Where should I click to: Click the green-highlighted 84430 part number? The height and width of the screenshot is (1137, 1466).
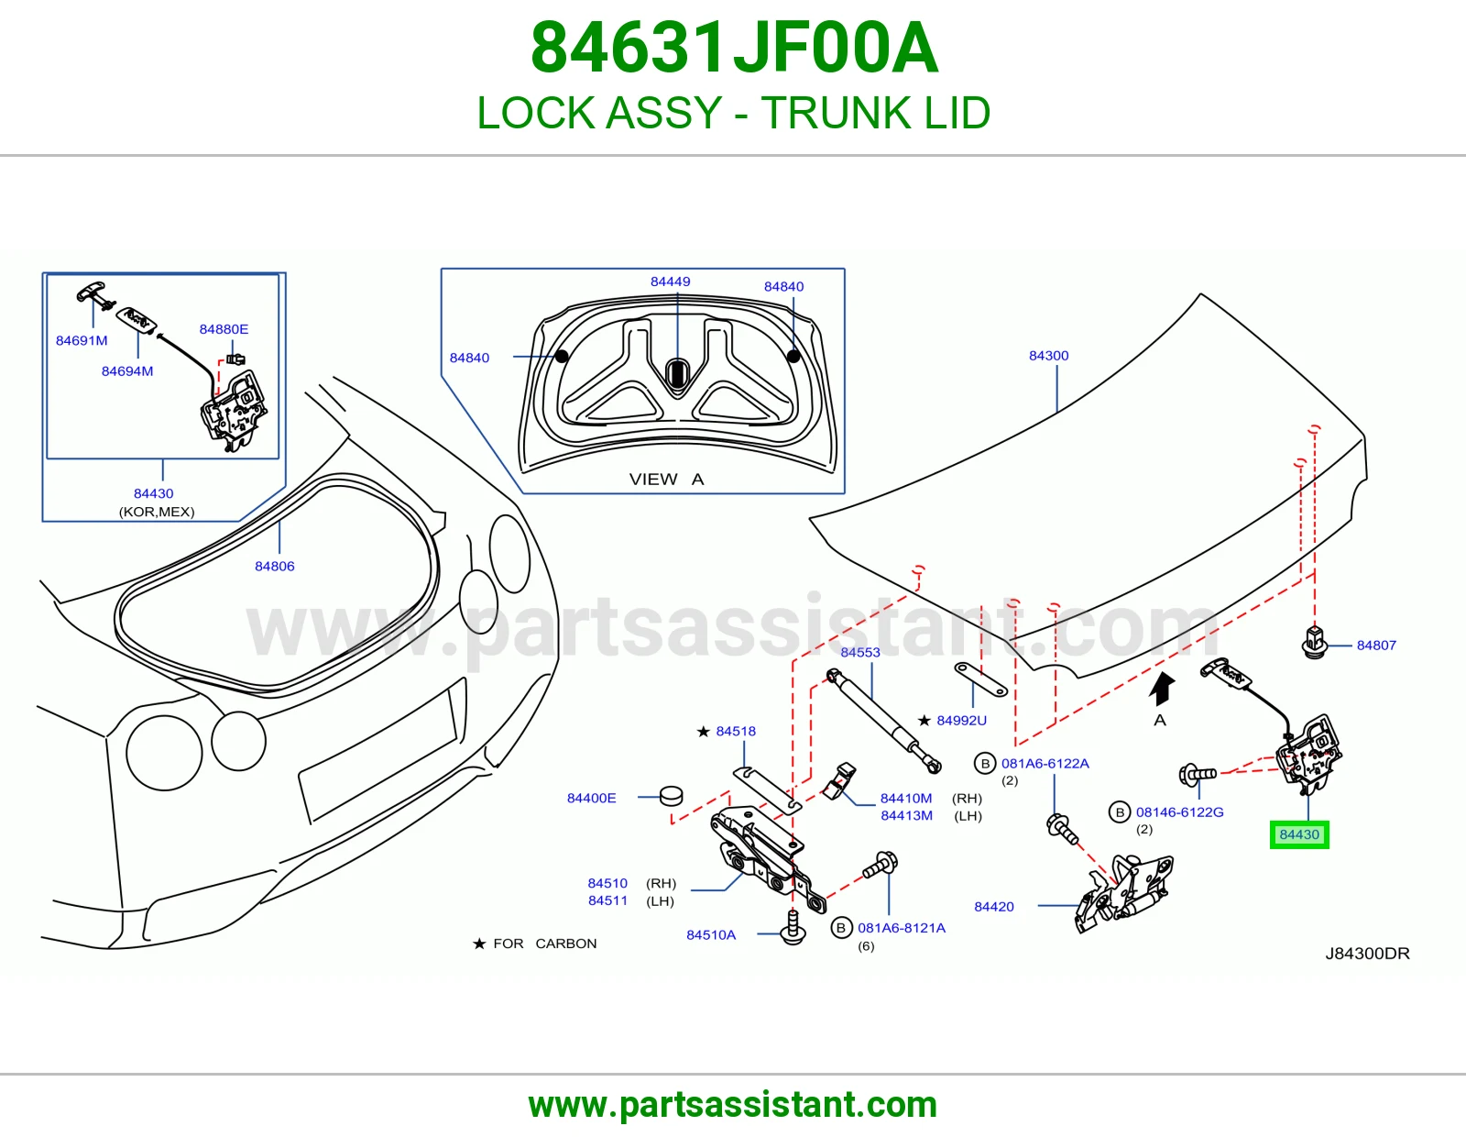pyautogui.click(x=1298, y=834)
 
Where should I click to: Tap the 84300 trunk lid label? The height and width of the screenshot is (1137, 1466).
pyautogui.click(x=1048, y=356)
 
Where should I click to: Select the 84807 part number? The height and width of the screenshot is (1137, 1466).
pyautogui.click(x=1376, y=646)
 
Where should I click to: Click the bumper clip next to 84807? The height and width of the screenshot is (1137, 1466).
pyautogui.click(x=1314, y=642)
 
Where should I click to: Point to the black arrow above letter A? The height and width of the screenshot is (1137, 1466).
pyautogui.click(x=1162, y=690)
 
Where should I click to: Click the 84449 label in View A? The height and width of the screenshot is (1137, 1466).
pyautogui.click(x=670, y=281)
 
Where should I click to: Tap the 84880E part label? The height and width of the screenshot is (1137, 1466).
pyautogui.click(x=224, y=329)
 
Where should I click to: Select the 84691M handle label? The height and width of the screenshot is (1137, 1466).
pyautogui.click(x=82, y=341)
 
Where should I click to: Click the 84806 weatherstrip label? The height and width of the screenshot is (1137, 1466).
pyautogui.click(x=275, y=567)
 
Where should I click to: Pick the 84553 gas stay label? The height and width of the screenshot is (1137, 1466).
pyautogui.click(x=860, y=653)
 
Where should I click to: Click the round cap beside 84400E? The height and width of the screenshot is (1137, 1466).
pyautogui.click(x=671, y=796)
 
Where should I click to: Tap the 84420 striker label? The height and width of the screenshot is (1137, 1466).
pyautogui.click(x=994, y=907)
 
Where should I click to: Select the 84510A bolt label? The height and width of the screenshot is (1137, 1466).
pyautogui.click(x=711, y=935)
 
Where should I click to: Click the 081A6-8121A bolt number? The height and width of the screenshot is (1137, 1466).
pyautogui.click(x=902, y=928)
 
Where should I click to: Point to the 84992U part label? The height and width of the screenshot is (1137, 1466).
pyautogui.click(x=961, y=721)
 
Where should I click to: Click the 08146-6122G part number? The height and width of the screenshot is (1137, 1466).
pyautogui.click(x=1180, y=812)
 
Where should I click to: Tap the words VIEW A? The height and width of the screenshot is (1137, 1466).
pyautogui.click(x=666, y=480)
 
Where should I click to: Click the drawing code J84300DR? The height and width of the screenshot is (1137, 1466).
pyautogui.click(x=1367, y=954)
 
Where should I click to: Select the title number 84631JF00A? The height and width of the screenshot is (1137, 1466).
pyautogui.click(x=734, y=48)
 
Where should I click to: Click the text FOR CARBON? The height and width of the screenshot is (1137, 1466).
pyautogui.click(x=544, y=944)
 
